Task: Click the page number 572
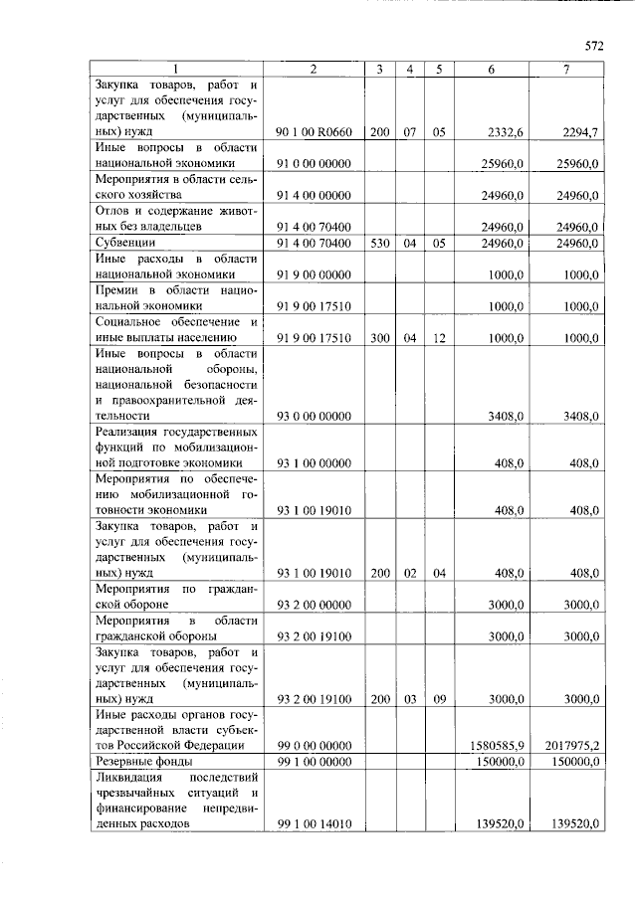click(594, 46)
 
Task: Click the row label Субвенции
click(124, 243)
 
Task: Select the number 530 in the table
click(380, 243)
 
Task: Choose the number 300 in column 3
click(380, 337)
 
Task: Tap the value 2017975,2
click(571, 745)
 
